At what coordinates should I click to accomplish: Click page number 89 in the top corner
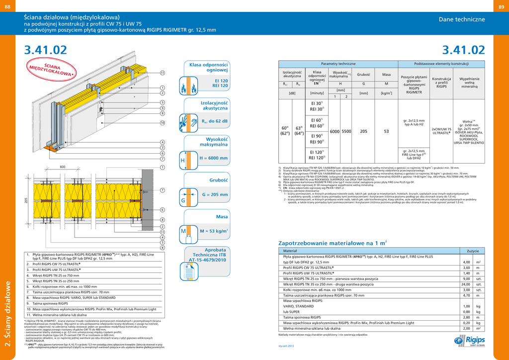pyautogui.click(x=502, y=5)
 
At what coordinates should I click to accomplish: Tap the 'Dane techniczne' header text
pyautogui.click(x=461, y=19)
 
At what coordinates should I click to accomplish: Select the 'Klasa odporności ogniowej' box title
pyautogui.click(x=208, y=68)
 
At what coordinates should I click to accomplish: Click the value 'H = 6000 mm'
pyautogui.click(x=213, y=158)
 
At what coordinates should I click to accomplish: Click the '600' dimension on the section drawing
pyautogui.click(x=63, y=167)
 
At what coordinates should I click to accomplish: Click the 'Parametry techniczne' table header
pyautogui.click(x=338, y=65)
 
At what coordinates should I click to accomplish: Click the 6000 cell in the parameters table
pyautogui.click(x=335, y=131)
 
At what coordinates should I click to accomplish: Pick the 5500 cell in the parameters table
pyautogui.click(x=346, y=131)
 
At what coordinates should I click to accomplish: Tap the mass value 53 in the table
pyautogui.click(x=386, y=131)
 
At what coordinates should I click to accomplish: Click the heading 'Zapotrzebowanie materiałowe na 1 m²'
pyautogui.click(x=332, y=243)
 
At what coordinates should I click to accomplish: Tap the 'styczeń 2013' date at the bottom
pyautogui.click(x=286, y=346)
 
